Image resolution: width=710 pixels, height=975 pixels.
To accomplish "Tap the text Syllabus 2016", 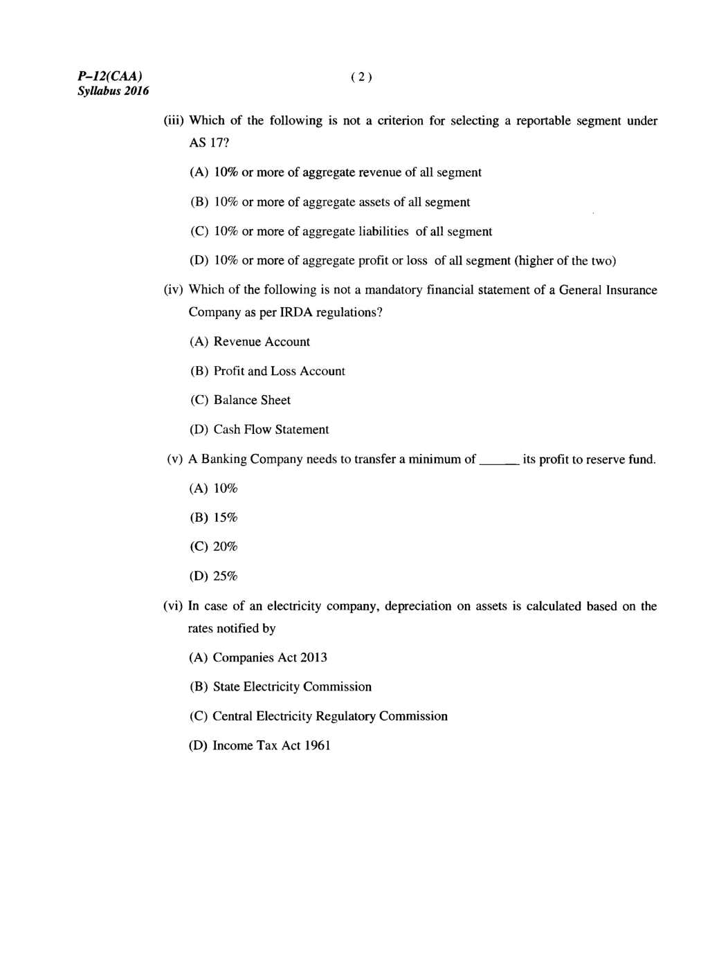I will click(113, 91).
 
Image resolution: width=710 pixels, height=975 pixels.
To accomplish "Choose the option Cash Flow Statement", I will click(271, 430).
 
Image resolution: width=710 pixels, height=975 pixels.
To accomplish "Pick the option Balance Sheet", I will click(252, 401).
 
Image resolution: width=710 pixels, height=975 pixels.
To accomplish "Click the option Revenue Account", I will click(262, 342).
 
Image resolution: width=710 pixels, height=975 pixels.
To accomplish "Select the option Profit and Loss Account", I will click(279, 372).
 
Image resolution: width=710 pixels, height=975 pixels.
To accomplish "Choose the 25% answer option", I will click(225, 576).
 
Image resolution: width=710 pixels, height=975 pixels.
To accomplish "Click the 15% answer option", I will click(225, 518).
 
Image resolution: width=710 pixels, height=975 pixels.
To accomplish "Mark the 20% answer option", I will click(225, 547).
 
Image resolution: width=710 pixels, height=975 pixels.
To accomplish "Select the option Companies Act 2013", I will click(270, 658).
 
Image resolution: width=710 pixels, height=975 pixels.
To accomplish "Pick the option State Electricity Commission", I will click(292, 687).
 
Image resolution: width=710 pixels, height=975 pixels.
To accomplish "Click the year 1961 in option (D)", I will click(318, 746).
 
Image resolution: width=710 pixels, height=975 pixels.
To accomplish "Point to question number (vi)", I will click(173, 607).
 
